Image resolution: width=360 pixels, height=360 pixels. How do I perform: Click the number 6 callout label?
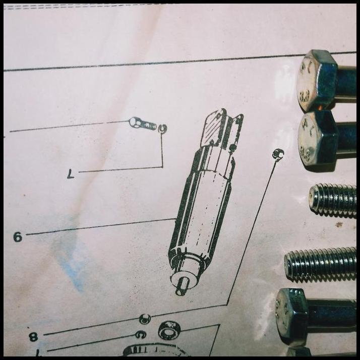(18, 236)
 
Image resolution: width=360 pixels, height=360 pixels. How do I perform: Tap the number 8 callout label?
(33, 336)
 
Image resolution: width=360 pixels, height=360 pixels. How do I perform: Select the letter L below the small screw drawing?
(71, 174)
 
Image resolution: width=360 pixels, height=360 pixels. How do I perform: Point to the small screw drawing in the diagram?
(142, 123)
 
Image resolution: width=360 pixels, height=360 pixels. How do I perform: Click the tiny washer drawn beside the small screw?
(162, 129)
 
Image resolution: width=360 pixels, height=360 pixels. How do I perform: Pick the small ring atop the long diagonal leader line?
(277, 153)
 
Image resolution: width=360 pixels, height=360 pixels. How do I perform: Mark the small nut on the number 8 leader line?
(145, 319)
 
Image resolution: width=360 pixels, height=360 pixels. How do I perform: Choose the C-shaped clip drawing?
(141, 334)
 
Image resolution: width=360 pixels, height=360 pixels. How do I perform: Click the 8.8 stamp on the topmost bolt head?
(305, 95)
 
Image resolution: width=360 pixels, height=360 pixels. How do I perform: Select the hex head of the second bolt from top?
(317, 138)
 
